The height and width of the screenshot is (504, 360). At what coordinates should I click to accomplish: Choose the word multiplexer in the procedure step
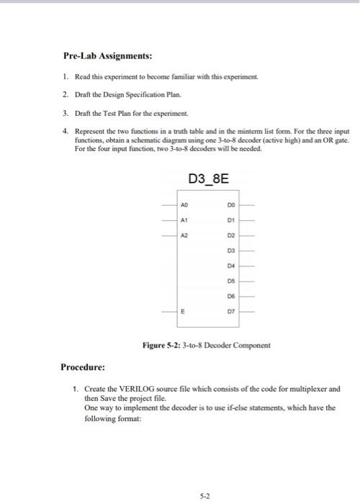[x=296, y=389]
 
